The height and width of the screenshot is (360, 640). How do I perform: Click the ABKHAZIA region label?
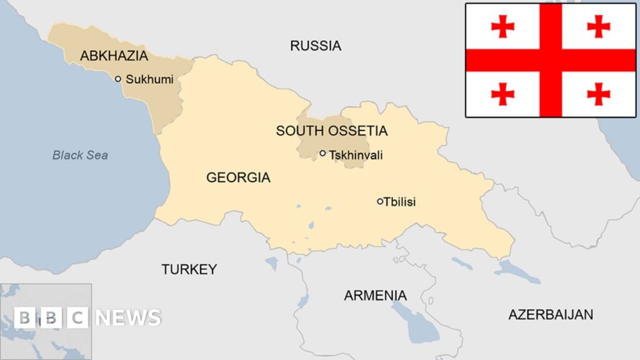pos(114,56)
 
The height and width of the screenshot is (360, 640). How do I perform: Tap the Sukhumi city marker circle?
pos(117,79)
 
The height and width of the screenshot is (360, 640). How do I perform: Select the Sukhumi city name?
pos(149,79)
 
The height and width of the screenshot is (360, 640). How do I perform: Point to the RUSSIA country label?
pos(316,45)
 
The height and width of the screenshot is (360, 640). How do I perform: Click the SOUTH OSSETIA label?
pos(332,131)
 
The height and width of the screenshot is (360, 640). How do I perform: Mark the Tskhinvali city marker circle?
pos(322,153)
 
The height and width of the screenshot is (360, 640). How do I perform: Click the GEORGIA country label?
pos(238,177)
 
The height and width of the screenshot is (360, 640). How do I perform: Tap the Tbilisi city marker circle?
pos(379,201)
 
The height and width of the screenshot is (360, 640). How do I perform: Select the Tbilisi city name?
pos(400,202)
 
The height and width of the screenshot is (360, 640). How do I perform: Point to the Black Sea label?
pos(80,155)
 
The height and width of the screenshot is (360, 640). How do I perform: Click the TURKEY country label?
pos(189,269)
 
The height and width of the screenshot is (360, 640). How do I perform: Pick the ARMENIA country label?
pos(375,296)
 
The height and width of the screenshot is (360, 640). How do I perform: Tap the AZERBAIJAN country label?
pos(550,314)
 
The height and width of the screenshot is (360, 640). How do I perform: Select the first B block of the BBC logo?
pos(25,317)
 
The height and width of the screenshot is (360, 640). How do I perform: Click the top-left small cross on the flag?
pos(502,26)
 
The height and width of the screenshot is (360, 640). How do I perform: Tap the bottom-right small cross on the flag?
pos(598,94)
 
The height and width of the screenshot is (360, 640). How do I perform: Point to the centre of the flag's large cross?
pos(551,60)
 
